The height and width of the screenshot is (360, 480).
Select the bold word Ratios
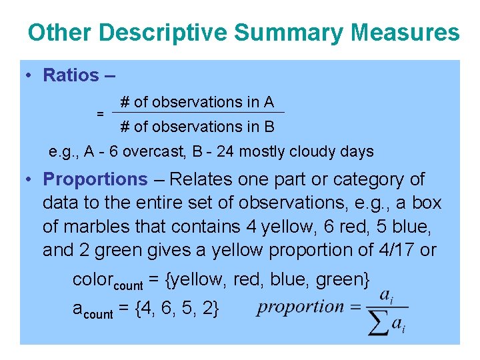[71, 75]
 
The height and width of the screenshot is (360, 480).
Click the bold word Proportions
[95, 179]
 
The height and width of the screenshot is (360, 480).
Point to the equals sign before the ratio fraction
[100, 114]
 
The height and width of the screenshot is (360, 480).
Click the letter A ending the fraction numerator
[268, 102]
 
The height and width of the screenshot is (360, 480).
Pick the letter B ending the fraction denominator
[269, 126]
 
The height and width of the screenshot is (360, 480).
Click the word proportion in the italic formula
[301, 307]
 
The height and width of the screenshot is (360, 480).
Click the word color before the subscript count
[93, 280]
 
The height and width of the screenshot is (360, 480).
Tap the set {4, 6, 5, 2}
[186, 308]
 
